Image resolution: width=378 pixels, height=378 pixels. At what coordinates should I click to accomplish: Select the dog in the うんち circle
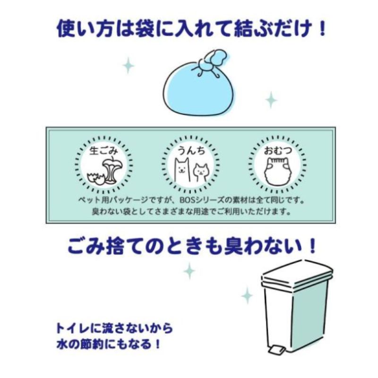(x=182, y=170)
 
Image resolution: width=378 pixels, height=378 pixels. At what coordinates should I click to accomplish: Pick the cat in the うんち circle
(x=201, y=172)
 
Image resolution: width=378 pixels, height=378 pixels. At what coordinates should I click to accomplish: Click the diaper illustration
(x=277, y=171)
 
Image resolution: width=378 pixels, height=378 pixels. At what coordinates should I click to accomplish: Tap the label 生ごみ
(x=103, y=151)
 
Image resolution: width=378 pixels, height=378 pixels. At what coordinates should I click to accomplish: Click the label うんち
(x=191, y=151)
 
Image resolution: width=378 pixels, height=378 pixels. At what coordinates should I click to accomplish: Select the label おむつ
(x=278, y=151)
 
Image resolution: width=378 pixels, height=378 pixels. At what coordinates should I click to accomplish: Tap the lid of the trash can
(x=298, y=273)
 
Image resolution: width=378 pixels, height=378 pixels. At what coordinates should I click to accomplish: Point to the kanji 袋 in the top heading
(x=144, y=29)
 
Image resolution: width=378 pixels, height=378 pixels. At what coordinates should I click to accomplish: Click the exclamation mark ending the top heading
(x=321, y=29)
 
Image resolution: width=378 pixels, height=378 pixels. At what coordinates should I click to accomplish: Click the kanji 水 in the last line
(x=62, y=344)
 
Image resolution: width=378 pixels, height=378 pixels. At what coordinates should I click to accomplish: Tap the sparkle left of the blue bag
(x=129, y=65)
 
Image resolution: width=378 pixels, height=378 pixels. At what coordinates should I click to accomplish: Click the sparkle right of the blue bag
(x=271, y=100)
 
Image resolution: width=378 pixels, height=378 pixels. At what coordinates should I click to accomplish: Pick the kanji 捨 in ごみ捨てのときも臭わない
(x=112, y=246)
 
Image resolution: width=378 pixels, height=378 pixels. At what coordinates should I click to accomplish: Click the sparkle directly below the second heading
(x=189, y=271)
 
